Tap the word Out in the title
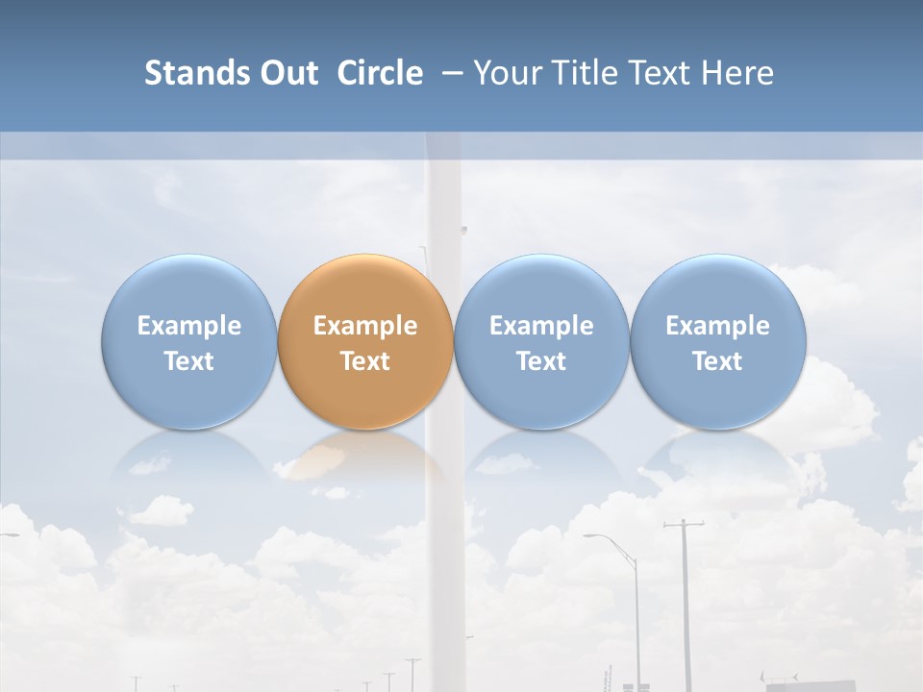click(x=287, y=73)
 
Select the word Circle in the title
click(x=380, y=73)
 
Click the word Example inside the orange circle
click(x=365, y=326)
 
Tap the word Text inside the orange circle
click(x=365, y=361)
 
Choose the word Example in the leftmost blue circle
click(x=189, y=326)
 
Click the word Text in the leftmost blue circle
click(x=189, y=361)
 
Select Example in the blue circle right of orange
click(x=541, y=326)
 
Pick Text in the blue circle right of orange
click(x=541, y=361)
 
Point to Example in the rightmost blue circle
click(x=717, y=326)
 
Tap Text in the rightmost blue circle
click(x=717, y=361)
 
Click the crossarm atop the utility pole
click(x=683, y=525)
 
